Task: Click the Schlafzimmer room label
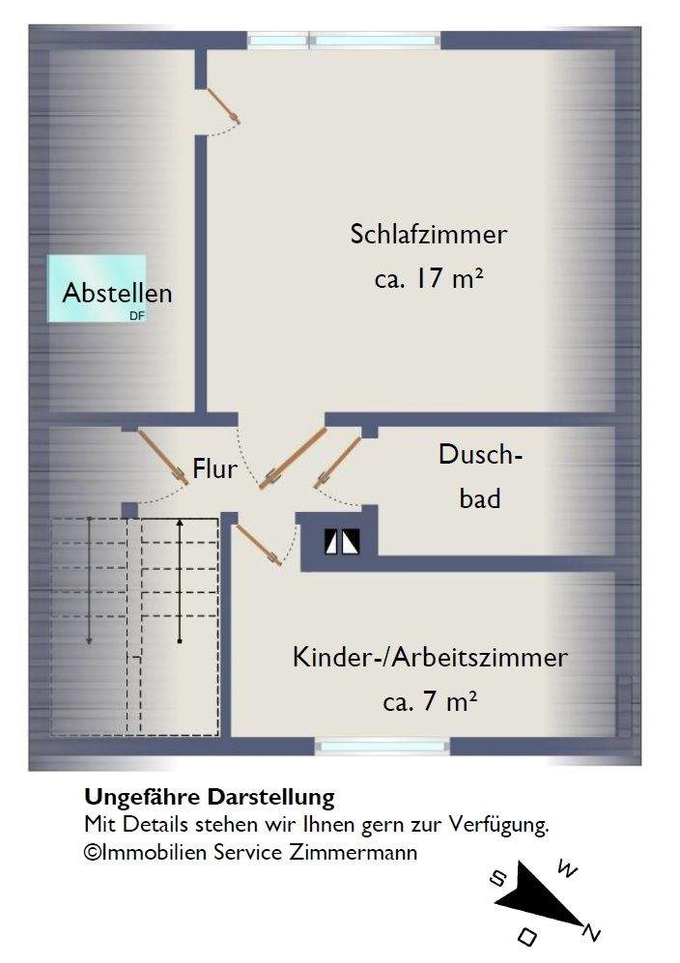click(429, 235)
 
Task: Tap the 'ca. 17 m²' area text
click(429, 280)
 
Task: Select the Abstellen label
click(117, 293)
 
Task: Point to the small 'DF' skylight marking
click(136, 314)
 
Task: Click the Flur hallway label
click(214, 470)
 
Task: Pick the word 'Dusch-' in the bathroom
click(480, 455)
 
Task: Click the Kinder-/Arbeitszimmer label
click(430, 659)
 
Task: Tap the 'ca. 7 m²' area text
click(430, 702)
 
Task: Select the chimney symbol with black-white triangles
click(342, 543)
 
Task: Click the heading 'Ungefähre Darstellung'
click(210, 798)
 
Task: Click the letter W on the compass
click(569, 872)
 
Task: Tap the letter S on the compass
click(498, 878)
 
